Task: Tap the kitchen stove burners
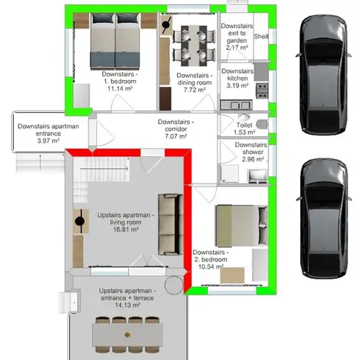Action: [x=262, y=89]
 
